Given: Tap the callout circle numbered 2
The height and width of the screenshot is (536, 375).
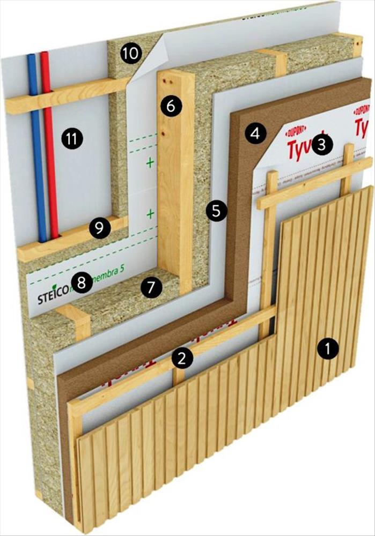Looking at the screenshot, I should point(182,358).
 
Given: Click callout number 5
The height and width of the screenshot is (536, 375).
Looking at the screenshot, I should point(216,211).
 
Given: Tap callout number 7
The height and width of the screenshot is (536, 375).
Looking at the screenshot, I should point(151,288).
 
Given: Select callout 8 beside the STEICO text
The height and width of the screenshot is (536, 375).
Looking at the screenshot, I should point(82,282).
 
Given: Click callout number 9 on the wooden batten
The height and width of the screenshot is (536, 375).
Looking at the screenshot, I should point(99,228).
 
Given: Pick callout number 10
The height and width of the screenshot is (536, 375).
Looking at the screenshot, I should point(130,53).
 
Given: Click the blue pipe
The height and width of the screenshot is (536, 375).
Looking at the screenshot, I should point(36,161).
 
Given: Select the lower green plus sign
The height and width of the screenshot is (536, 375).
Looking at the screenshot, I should point(150,214).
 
